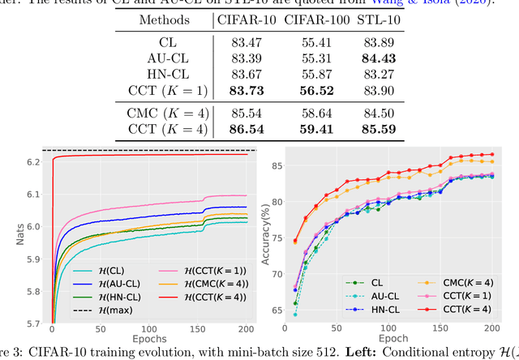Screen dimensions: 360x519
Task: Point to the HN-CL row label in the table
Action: (x=170, y=75)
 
